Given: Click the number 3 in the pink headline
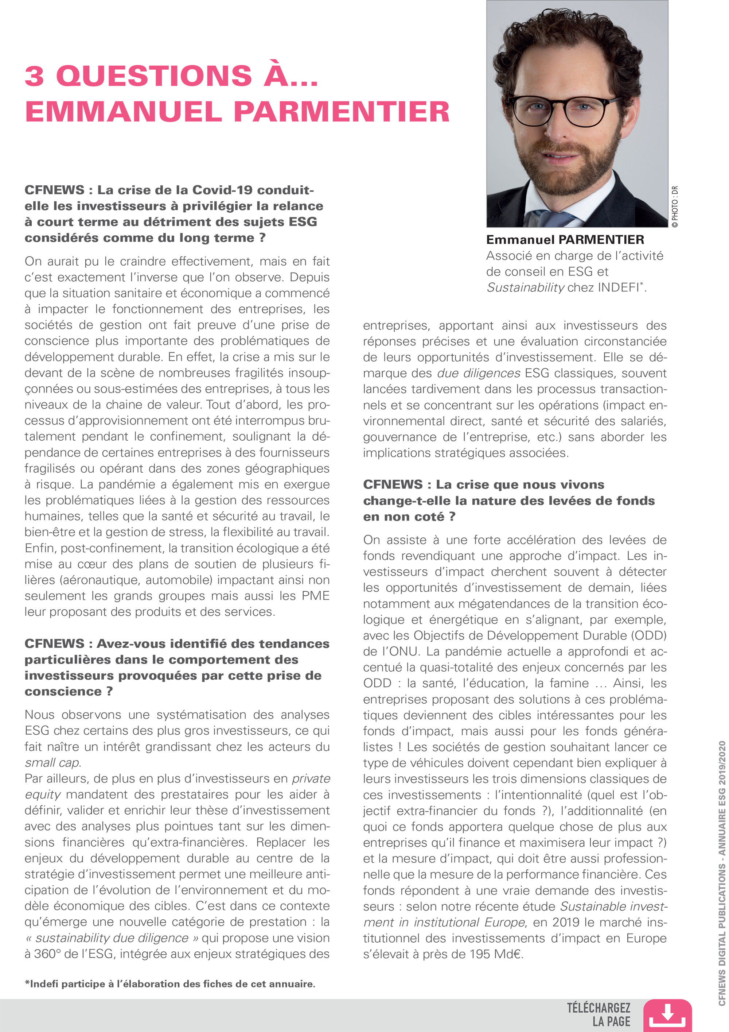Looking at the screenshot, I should [x=35, y=76].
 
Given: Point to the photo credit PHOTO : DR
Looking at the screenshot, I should [x=675, y=207].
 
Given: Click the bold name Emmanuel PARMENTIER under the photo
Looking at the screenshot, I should [x=565, y=240].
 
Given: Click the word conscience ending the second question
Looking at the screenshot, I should [x=63, y=692].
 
